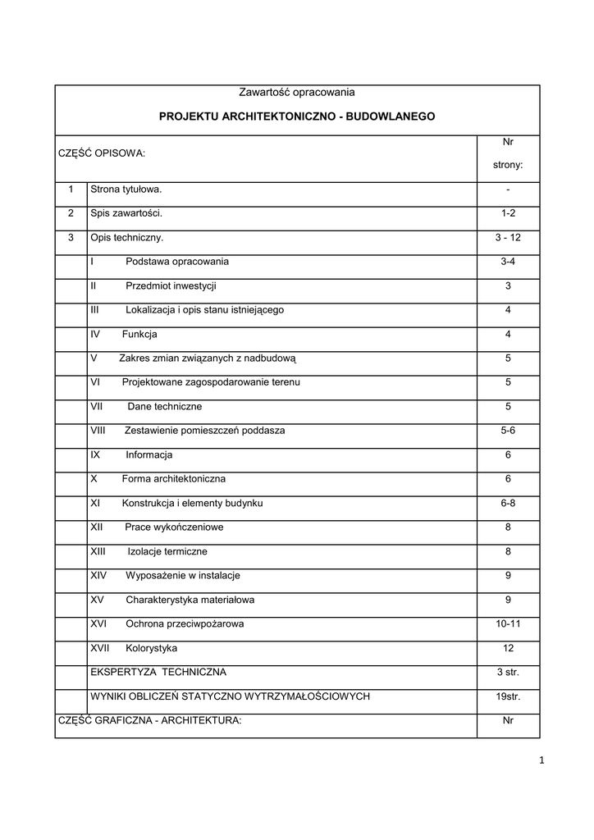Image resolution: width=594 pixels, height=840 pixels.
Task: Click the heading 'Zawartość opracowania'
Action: click(x=296, y=93)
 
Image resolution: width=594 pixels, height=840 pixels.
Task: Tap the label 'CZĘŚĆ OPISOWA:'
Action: click(x=101, y=153)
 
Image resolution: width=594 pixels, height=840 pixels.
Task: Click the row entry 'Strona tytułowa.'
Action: click(x=126, y=189)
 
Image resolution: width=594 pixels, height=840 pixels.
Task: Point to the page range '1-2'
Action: click(x=508, y=213)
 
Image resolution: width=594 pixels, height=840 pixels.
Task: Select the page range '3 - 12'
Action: click(x=508, y=238)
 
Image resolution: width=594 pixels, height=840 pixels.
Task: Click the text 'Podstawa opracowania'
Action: click(x=177, y=262)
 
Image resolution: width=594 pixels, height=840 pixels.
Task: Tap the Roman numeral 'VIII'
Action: click(x=99, y=431)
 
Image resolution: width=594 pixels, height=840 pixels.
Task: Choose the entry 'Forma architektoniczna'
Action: click(x=174, y=479)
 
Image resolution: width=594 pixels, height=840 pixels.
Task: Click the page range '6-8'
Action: click(x=508, y=503)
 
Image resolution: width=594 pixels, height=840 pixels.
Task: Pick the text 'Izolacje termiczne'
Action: click(x=167, y=551)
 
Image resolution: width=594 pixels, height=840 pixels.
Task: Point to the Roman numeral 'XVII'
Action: click(x=100, y=648)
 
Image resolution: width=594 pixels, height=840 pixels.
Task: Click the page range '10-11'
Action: click(x=508, y=624)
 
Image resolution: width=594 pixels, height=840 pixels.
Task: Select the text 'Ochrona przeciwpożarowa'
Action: click(x=185, y=624)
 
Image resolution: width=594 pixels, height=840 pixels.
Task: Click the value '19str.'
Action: click(x=508, y=696)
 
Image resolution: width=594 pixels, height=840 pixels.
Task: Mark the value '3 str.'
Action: click(x=508, y=673)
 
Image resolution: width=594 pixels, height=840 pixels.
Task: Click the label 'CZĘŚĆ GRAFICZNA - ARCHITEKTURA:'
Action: click(x=149, y=721)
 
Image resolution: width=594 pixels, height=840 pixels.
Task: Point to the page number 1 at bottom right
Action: click(x=542, y=760)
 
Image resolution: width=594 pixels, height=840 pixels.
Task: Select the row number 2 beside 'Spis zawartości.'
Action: click(x=71, y=213)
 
